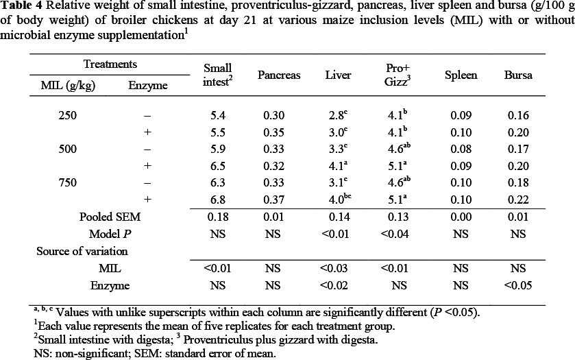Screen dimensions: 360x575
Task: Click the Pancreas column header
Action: click(279, 75)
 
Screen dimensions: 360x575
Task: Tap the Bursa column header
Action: click(518, 75)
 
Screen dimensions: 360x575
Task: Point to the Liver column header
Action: click(338, 75)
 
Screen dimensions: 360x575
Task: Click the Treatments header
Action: click(110, 64)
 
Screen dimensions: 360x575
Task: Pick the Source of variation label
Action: click(82, 251)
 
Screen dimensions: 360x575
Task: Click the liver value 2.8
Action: click(336, 116)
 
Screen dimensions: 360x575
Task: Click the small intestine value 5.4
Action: click(216, 116)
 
